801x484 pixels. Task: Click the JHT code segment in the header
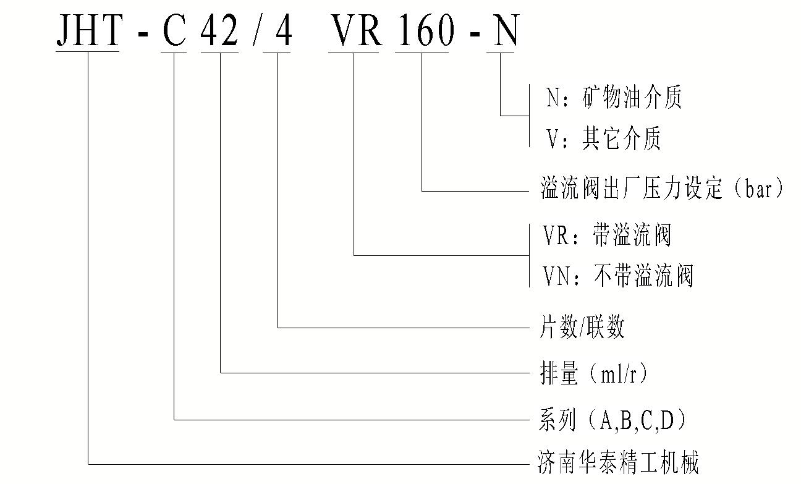pyautogui.click(x=88, y=30)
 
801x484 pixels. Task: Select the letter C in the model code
pyautogui.click(x=174, y=30)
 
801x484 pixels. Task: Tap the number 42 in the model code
pyautogui.click(x=220, y=30)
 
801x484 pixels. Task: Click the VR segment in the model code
pyautogui.click(x=354, y=30)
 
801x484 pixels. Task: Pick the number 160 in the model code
pyautogui.click(x=422, y=30)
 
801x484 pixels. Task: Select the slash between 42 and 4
pyautogui.click(x=255, y=30)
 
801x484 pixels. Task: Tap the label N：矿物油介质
pyautogui.click(x=614, y=98)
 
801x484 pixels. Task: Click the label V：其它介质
pyautogui.click(x=604, y=139)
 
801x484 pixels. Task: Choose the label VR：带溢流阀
pyautogui.click(x=607, y=236)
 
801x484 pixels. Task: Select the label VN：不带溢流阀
pyautogui.click(x=618, y=276)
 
